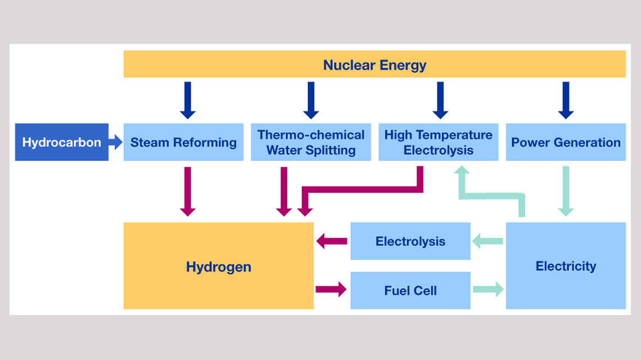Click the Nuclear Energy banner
pyautogui.click(x=374, y=64)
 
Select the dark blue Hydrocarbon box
pyautogui.click(x=61, y=142)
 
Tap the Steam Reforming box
pyautogui.click(x=183, y=142)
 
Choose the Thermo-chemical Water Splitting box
pyautogui.click(x=310, y=142)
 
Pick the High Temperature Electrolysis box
pyautogui.click(x=438, y=142)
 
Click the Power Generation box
pyautogui.click(x=566, y=142)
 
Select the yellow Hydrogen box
pyautogui.click(x=218, y=266)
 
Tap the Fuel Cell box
pyautogui.click(x=410, y=290)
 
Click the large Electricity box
pyautogui.click(x=566, y=266)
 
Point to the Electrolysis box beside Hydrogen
pyautogui.click(x=410, y=241)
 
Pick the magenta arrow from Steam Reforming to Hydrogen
pyautogui.click(x=188, y=191)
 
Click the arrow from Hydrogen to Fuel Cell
pyautogui.click(x=331, y=290)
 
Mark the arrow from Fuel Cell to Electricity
pyautogui.click(x=487, y=290)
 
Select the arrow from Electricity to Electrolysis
pyautogui.click(x=487, y=241)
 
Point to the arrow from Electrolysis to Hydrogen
pyautogui.click(x=332, y=241)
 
